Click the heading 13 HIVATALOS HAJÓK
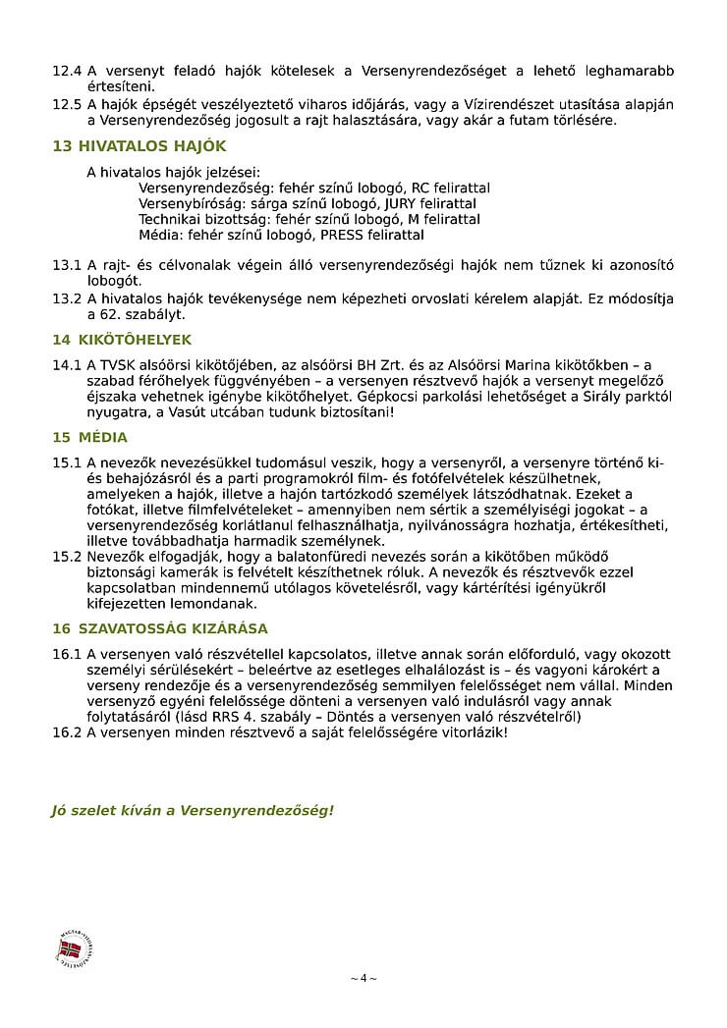(139, 146)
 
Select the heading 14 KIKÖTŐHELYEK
(122, 340)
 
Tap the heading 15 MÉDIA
(89, 437)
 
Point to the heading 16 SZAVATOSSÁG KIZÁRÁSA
(159, 628)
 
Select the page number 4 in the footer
(363, 978)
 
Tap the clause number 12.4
(66, 72)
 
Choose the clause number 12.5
(66, 104)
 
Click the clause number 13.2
(66, 298)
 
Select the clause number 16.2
(66, 732)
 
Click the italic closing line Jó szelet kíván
(193, 810)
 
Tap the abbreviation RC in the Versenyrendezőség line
(420, 188)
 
